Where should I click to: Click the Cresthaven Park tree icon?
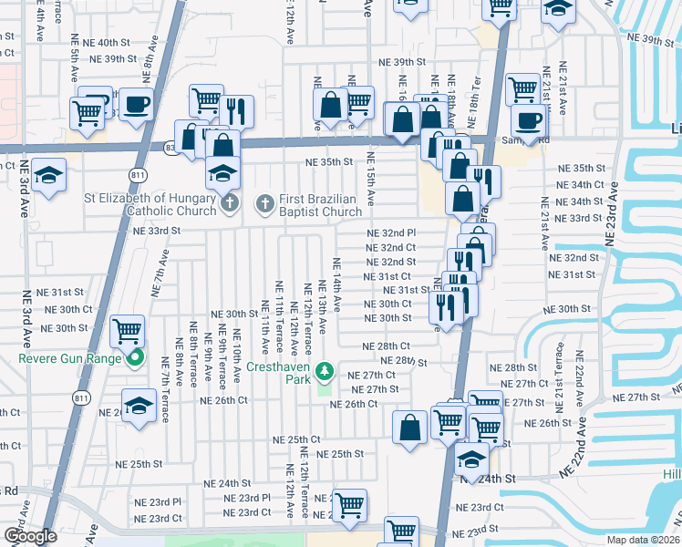point(324,372)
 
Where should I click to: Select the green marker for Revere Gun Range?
point(135,358)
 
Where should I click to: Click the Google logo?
point(30,536)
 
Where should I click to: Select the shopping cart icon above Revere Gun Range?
point(128,329)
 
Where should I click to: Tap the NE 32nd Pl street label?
point(390,233)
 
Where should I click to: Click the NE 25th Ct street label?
point(296,439)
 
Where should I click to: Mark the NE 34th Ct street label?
point(581,184)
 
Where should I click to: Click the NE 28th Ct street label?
point(386,346)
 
